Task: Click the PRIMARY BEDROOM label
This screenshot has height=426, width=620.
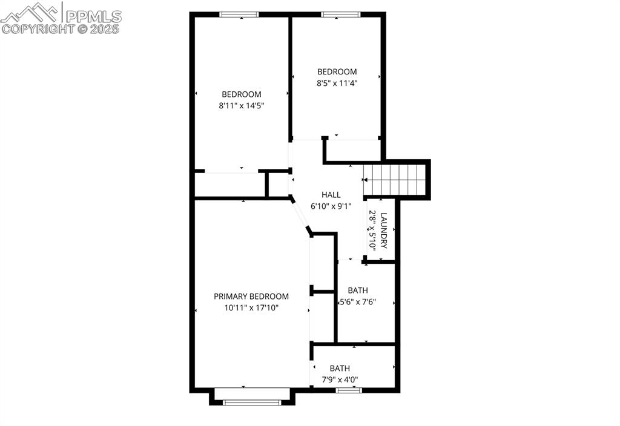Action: click(x=251, y=297)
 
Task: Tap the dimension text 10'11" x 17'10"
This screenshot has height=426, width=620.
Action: click(x=251, y=307)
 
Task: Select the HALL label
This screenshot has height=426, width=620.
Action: click(x=331, y=195)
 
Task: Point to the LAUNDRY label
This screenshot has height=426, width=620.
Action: click(x=383, y=230)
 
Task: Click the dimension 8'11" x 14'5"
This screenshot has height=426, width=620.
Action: click(x=242, y=105)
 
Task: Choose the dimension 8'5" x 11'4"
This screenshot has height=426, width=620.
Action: click(x=337, y=83)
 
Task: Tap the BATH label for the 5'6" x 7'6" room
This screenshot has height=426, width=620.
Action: click(x=357, y=290)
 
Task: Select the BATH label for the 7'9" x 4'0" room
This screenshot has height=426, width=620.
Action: click(x=340, y=368)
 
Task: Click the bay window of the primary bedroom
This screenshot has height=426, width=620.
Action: click(x=251, y=402)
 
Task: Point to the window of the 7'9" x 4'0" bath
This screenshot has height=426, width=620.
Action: click(x=349, y=390)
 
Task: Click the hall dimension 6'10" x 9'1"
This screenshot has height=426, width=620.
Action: click(x=331, y=206)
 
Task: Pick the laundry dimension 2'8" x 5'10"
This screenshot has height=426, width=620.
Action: click(x=372, y=230)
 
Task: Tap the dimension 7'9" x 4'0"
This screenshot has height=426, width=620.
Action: click(x=340, y=380)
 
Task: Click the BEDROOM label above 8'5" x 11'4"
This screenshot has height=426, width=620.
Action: click(x=337, y=71)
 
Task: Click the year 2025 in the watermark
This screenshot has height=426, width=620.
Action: click(x=105, y=28)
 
